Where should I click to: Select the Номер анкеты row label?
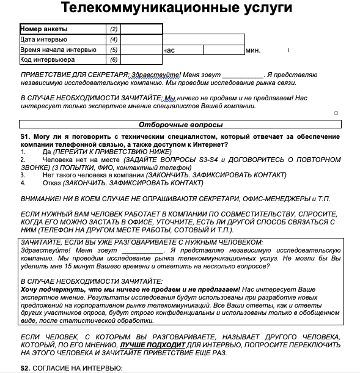[x=43, y=29]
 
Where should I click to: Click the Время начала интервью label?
[x=57, y=50]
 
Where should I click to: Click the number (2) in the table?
[x=114, y=29]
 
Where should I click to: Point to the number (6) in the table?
[x=114, y=60]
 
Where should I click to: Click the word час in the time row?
[x=169, y=50]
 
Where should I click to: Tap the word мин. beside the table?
[x=252, y=50]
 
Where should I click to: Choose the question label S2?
[x=25, y=368]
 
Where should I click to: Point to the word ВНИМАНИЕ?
[x=41, y=199]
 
